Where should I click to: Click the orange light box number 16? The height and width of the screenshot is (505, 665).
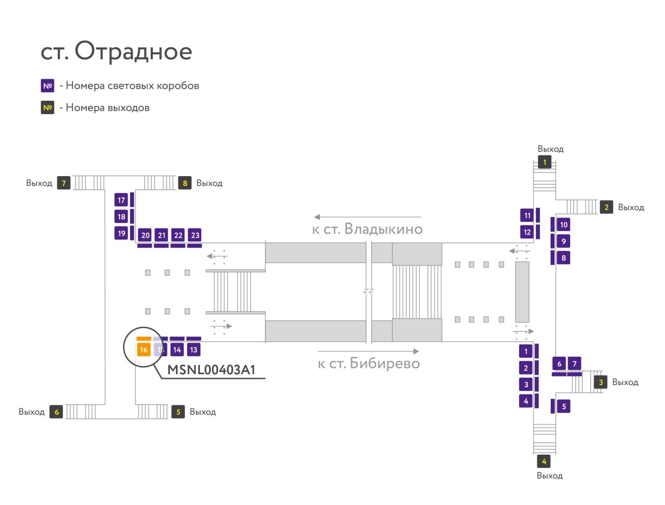144,350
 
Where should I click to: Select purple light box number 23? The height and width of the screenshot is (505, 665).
195,235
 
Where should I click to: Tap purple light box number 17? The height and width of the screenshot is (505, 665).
121,200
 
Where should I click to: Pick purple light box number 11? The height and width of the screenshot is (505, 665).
527,215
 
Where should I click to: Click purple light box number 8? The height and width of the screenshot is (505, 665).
563,257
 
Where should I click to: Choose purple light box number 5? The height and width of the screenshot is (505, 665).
564,406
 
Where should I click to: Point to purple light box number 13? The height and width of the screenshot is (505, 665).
194,350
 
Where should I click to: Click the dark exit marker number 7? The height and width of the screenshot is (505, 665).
64,183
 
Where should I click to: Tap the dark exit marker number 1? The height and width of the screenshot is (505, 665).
544,162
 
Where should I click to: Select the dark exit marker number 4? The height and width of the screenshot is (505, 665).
544,461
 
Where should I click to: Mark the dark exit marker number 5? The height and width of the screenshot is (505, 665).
178,412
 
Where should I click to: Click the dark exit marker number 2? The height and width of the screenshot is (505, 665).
606,207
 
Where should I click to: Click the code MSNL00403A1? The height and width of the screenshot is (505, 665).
211,370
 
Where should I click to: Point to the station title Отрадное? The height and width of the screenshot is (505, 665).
133,51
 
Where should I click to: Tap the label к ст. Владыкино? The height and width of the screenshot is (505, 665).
367,229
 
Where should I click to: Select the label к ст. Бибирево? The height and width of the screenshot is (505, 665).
369,363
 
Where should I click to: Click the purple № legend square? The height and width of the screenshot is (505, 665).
47,86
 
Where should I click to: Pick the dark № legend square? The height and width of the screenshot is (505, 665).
47,108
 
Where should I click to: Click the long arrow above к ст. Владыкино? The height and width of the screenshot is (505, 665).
367,217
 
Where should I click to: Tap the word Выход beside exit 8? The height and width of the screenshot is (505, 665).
209,183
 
